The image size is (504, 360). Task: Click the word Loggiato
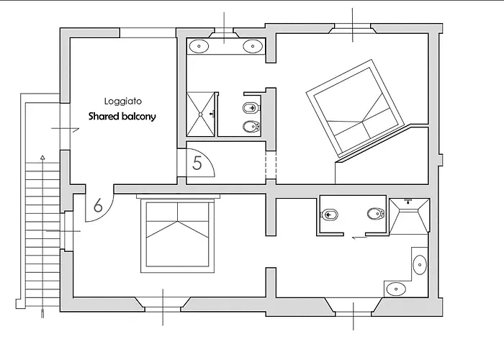123,102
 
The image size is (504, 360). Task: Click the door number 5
197,163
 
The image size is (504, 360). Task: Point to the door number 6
98,205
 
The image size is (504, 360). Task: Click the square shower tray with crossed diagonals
201,114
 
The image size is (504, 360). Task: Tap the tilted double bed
355,108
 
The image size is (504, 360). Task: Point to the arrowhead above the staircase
42,158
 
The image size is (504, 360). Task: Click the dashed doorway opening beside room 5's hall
271,165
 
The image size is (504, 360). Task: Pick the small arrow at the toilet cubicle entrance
360,238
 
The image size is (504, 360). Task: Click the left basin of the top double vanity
199,46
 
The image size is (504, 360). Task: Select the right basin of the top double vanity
253,46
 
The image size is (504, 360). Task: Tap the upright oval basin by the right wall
420,265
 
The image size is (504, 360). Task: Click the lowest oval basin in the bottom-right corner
396,289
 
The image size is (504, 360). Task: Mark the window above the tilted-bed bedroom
353,28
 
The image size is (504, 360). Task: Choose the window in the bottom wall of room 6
163,307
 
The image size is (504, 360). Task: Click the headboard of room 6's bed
178,197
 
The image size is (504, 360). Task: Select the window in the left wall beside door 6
67,231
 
